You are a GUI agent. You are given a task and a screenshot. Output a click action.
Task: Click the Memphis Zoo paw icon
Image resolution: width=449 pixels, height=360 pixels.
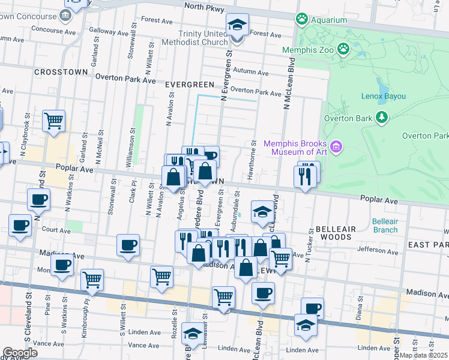[343, 49]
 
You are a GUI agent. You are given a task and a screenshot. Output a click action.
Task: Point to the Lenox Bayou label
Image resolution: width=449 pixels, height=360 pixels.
[384, 96]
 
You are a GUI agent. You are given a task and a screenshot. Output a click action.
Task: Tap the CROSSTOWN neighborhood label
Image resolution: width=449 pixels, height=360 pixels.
[61, 71]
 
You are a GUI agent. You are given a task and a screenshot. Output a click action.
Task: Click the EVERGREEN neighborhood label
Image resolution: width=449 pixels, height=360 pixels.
[190, 85]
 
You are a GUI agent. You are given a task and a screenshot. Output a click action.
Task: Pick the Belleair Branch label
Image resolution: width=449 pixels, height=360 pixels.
[385, 226]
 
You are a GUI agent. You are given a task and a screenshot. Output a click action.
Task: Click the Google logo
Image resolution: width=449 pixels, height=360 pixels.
[20, 353]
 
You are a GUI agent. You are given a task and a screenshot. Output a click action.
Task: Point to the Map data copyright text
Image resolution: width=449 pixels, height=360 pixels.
[425, 356]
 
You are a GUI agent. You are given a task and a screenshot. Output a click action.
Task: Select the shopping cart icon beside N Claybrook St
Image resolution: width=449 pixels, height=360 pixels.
[53, 120]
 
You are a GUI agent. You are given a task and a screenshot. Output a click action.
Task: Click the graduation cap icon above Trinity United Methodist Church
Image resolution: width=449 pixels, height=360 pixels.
[237, 25]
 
